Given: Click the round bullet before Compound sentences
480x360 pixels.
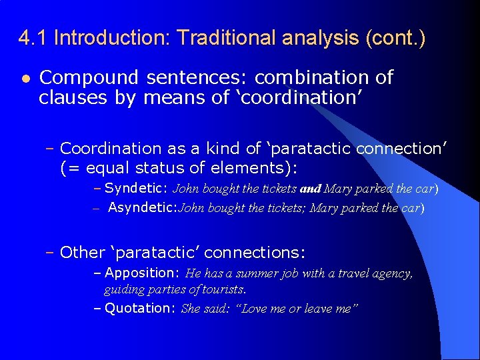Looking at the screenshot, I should pyautogui.click(x=24, y=78).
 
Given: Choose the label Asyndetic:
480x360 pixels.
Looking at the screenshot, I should pyautogui.click(x=141, y=207).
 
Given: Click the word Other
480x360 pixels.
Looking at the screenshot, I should pyautogui.click(x=83, y=253).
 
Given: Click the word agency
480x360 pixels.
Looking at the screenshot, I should pyautogui.click(x=393, y=273).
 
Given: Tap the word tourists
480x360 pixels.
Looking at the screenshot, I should pyautogui.click(x=225, y=290).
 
